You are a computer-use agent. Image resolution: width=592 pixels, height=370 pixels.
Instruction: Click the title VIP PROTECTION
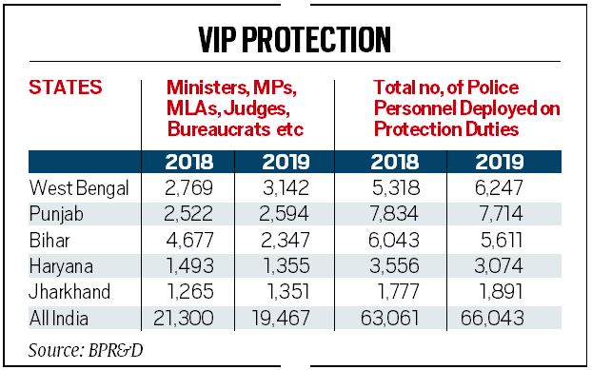tap(295, 39)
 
